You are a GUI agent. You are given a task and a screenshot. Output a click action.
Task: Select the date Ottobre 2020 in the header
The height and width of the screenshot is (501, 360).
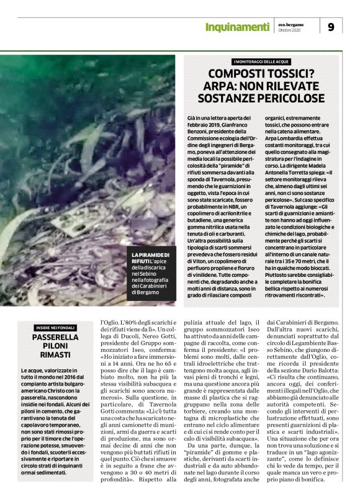pos(290,30)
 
